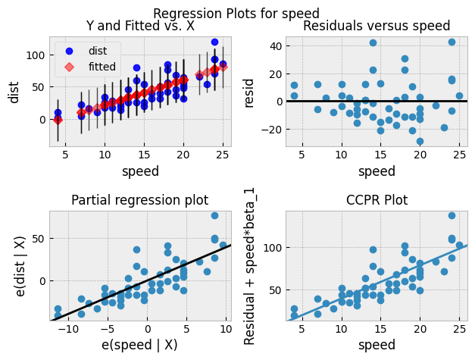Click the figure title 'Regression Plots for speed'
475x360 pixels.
coord(236,14)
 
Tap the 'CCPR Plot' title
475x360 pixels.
coord(376,201)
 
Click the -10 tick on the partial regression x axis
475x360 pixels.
coord(70,330)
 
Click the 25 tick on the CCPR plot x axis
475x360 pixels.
coord(452,330)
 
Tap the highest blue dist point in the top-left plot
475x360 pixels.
coord(214,42)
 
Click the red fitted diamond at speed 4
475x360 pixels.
coord(58,120)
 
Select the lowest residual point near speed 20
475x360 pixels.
coord(420,141)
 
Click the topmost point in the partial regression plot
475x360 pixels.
coord(214,216)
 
